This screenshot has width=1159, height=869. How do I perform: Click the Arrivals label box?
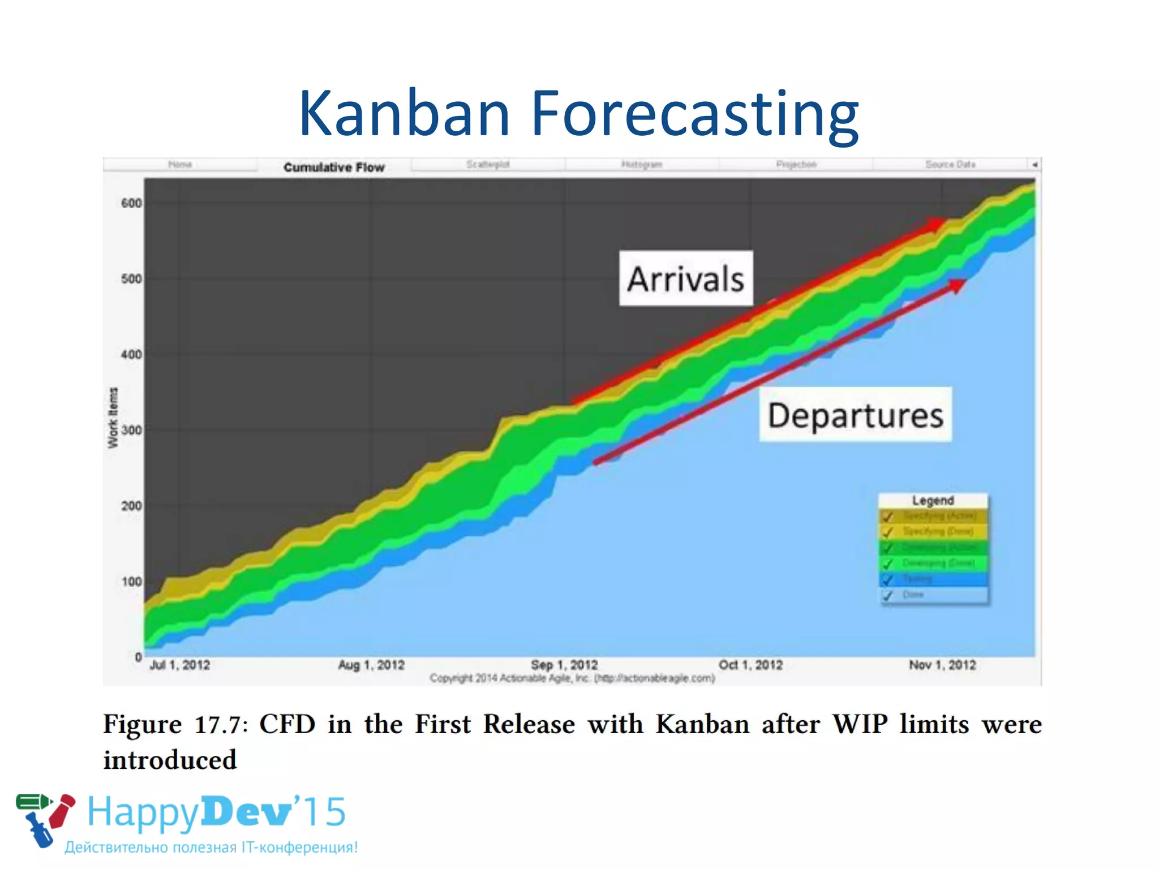coord(685,278)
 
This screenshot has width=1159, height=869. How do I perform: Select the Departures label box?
coord(855,415)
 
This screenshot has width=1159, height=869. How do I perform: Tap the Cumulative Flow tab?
coord(334,167)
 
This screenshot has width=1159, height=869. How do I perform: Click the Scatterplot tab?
coord(488,164)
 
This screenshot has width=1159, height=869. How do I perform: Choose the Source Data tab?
coord(950,164)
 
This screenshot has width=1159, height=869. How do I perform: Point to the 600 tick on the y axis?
coord(131,203)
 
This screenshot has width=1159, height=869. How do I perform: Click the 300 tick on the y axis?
coord(131,430)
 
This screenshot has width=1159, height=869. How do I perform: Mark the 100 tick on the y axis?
coord(131,582)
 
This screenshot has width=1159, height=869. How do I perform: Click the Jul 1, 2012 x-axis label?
coord(179,665)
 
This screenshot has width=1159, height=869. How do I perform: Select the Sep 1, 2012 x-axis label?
coord(564,665)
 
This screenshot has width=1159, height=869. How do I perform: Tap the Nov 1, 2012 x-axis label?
coord(942,665)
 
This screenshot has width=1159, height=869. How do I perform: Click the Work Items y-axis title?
coord(113,418)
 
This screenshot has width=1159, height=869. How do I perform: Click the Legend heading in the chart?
coord(933,500)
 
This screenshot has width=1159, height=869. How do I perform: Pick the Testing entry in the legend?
coord(917,579)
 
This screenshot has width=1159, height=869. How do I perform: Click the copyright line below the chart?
coord(572,678)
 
